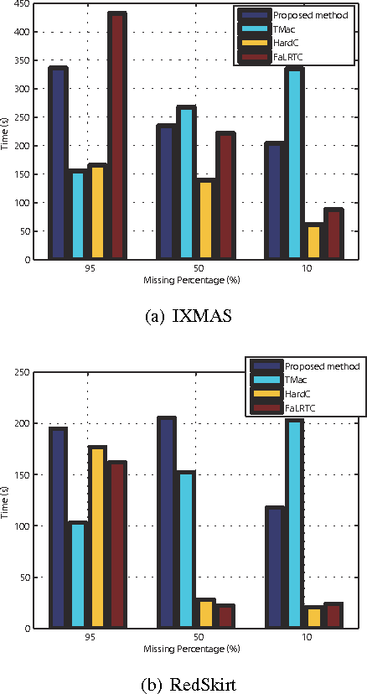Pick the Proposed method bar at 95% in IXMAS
[x=58, y=163]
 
